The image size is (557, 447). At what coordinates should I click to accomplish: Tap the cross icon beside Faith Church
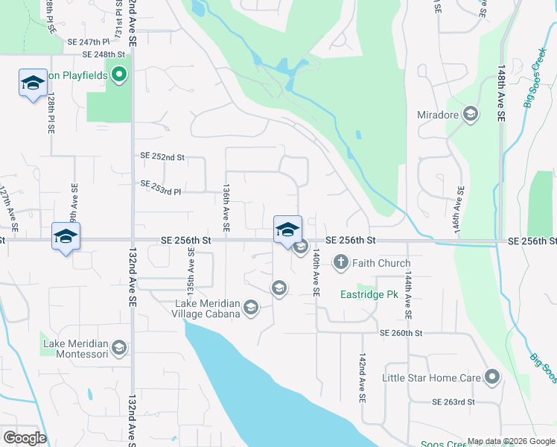click(x=341, y=262)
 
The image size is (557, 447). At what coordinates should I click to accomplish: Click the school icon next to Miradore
click(x=471, y=114)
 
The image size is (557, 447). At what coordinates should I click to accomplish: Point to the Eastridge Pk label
click(x=369, y=295)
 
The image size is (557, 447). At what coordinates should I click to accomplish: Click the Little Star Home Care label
click(x=431, y=378)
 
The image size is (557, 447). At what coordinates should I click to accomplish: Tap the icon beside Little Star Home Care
click(x=491, y=377)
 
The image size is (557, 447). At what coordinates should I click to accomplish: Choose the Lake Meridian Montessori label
click(x=74, y=349)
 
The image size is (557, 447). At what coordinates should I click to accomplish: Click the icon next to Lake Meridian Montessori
click(x=118, y=347)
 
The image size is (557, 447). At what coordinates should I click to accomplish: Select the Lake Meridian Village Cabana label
click(x=208, y=308)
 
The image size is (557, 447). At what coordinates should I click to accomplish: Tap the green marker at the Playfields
click(x=119, y=75)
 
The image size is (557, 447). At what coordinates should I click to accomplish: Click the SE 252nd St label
click(x=162, y=157)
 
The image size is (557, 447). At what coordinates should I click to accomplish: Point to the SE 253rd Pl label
click(x=161, y=183)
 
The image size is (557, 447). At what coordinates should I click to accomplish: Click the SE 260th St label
click(x=401, y=333)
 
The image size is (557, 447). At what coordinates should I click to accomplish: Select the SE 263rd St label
click(x=453, y=402)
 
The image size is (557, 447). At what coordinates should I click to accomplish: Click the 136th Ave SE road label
click(x=224, y=208)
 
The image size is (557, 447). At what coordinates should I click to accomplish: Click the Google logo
click(x=25, y=438)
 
